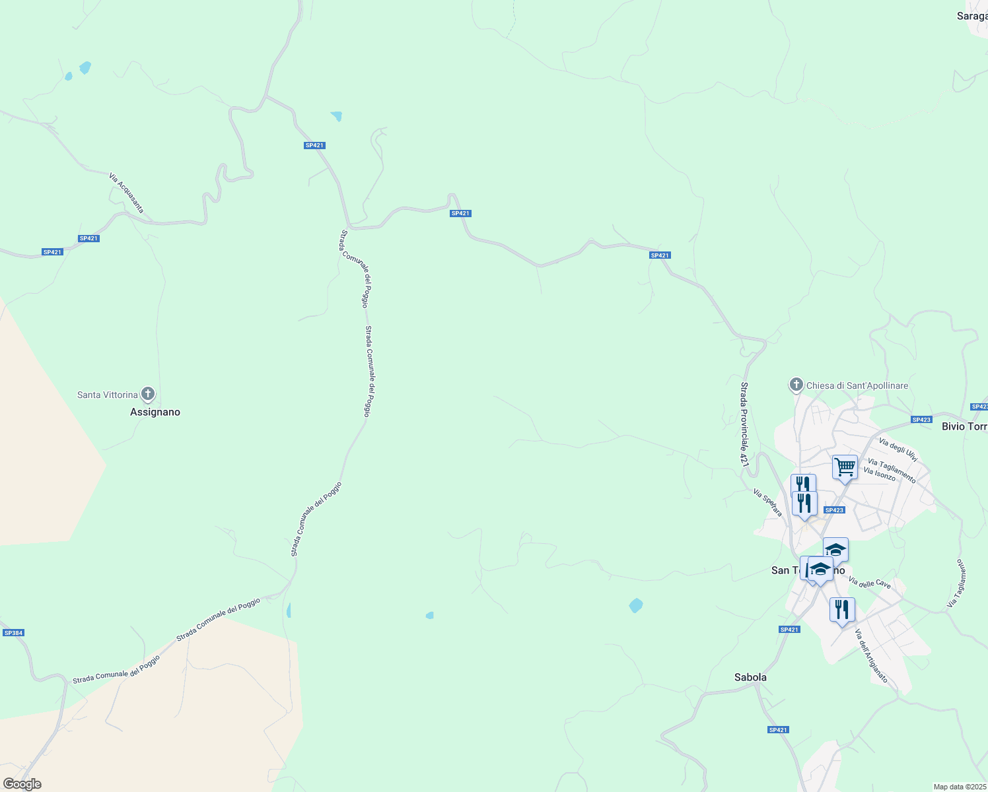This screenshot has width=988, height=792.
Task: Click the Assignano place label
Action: click(155, 412)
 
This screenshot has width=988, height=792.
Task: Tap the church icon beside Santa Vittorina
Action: click(148, 394)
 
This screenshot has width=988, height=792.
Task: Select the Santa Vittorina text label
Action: click(108, 395)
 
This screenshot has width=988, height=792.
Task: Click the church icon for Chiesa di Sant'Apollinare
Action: click(796, 385)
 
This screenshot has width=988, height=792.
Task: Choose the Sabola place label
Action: click(750, 677)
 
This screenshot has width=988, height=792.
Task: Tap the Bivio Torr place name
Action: click(964, 426)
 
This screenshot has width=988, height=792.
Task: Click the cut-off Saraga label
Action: click(972, 16)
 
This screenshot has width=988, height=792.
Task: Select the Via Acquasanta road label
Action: click(126, 193)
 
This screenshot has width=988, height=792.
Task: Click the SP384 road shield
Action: click(13, 633)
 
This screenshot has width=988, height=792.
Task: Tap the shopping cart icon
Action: click(845, 467)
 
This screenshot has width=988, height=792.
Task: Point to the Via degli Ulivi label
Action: click(898, 449)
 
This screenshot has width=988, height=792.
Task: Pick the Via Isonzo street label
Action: click(880, 473)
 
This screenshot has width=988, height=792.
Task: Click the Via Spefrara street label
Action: click(768, 502)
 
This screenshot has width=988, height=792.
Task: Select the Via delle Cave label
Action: click(870, 583)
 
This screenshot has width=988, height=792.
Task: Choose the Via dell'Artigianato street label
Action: click(871, 656)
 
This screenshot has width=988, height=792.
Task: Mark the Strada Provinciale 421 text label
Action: click(744, 424)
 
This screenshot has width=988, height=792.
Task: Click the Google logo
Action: click(22, 784)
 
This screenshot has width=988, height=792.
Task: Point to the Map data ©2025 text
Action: click(960, 787)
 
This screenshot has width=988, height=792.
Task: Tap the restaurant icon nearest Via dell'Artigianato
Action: click(842, 609)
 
